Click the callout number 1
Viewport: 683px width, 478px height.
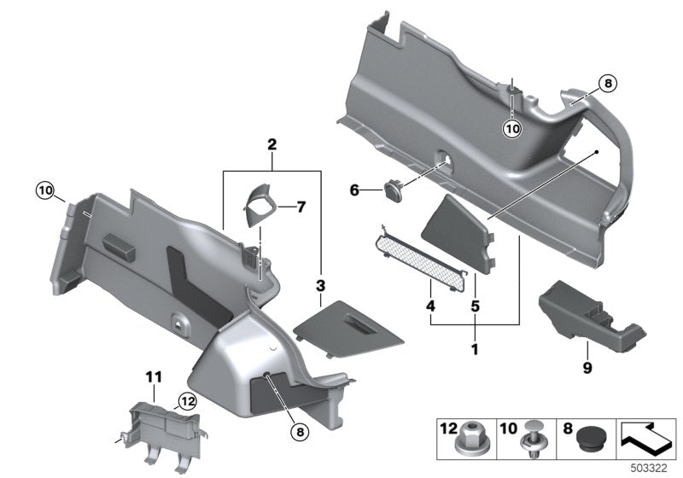(475, 350)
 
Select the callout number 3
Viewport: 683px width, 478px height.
(320, 283)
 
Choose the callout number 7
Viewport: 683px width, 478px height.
(277, 207)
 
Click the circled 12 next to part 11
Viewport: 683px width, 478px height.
(187, 399)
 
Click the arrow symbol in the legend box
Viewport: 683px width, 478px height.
(647, 437)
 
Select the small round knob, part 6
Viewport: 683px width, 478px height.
(395, 189)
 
